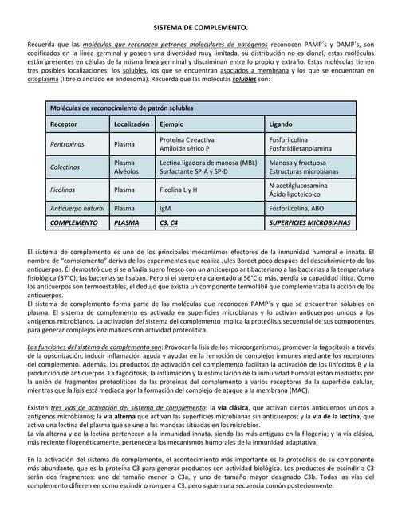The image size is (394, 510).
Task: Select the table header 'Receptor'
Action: pos(65,125)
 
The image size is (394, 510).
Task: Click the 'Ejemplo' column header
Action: pos(171,125)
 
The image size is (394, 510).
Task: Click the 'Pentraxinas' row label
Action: pos(69,144)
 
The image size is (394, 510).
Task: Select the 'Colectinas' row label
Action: pos(66,167)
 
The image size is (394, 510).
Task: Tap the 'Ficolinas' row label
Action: pos(65,190)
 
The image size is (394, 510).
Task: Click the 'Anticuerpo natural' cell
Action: pos(77,208)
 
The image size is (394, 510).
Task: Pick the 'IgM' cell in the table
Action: pos(166,208)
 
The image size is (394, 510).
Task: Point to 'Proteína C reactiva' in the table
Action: pos(187,139)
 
